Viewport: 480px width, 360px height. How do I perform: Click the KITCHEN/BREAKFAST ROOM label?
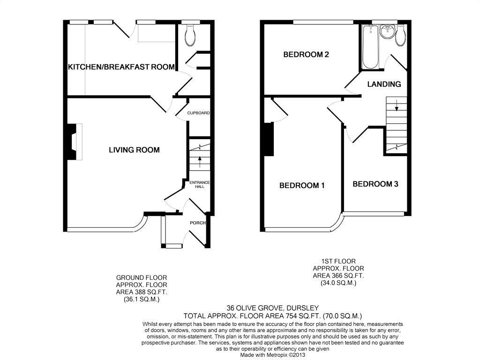coord(121,67)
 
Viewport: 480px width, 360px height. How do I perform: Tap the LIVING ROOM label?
coord(134,150)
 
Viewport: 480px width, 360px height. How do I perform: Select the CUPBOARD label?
coord(198,113)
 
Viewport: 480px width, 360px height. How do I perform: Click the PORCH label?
coord(197,223)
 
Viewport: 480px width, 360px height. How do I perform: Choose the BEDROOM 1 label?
coord(302,185)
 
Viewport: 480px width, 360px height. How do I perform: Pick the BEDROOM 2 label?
coord(306,54)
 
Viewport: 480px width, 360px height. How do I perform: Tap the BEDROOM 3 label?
coord(375,184)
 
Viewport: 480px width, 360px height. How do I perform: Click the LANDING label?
coord(384,84)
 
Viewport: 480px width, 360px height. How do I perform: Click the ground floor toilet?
coord(190,36)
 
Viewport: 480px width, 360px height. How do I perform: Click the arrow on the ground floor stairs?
coord(200,162)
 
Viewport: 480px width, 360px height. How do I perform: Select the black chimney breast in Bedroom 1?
coord(269,139)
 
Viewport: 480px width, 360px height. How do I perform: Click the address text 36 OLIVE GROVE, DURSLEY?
coord(266,308)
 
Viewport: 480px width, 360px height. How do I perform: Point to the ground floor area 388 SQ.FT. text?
coord(141,292)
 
